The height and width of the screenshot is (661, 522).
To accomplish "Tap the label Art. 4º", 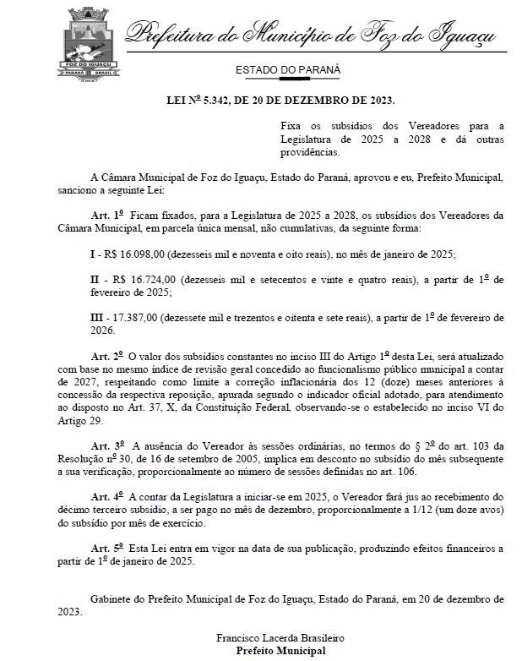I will click(x=109, y=500).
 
